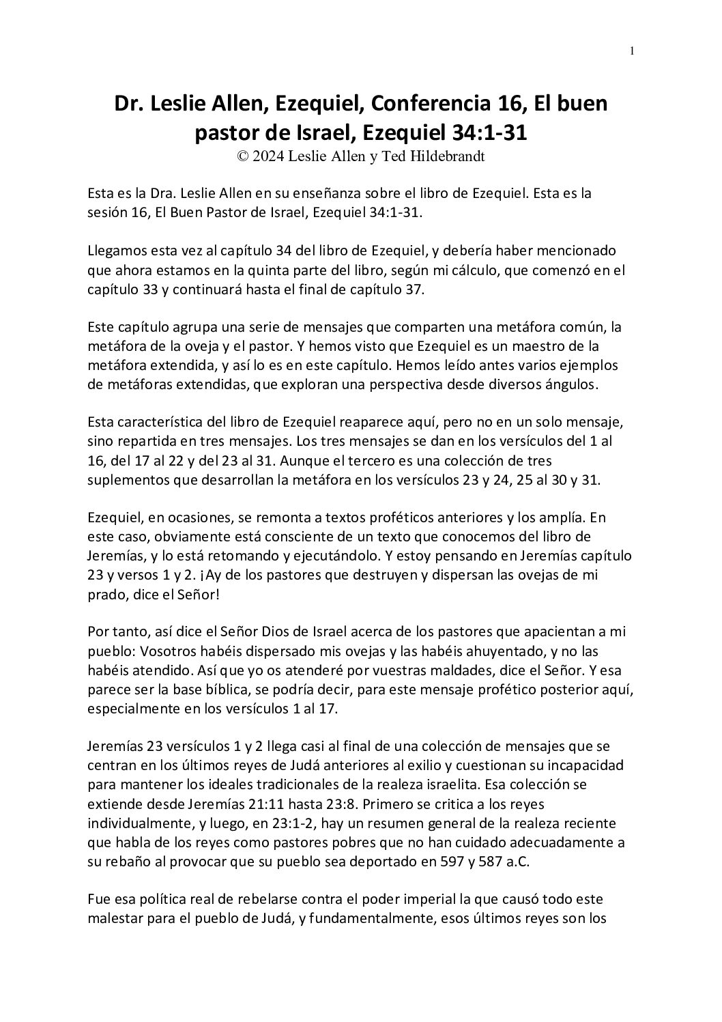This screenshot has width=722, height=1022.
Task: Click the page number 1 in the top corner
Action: pos(632,50)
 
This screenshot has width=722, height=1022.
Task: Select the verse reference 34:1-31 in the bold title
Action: pos(482,133)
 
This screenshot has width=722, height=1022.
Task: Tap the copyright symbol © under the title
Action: pos(242,156)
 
